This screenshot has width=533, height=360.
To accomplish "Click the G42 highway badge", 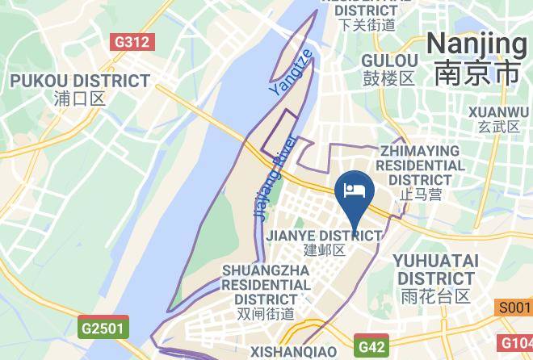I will [x=371, y=346].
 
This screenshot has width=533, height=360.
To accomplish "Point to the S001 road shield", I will [x=514, y=308].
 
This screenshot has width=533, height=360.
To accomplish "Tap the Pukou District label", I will [x=80, y=82].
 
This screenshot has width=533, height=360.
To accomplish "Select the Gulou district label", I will [x=389, y=61].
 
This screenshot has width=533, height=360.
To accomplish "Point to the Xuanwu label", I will [x=499, y=111].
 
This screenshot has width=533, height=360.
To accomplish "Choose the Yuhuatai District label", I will [x=435, y=270].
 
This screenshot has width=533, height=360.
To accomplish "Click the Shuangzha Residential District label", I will [x=266, y=284].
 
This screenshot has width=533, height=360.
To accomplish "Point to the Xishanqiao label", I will [x=292, y=352].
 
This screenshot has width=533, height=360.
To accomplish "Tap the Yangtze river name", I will [x=290, y=74].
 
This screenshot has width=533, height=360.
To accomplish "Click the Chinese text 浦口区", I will [x=80, y=99].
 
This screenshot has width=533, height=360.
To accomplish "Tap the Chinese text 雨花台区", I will [x=435, y=296].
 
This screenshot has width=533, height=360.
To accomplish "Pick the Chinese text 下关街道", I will [x=367, y=24].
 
